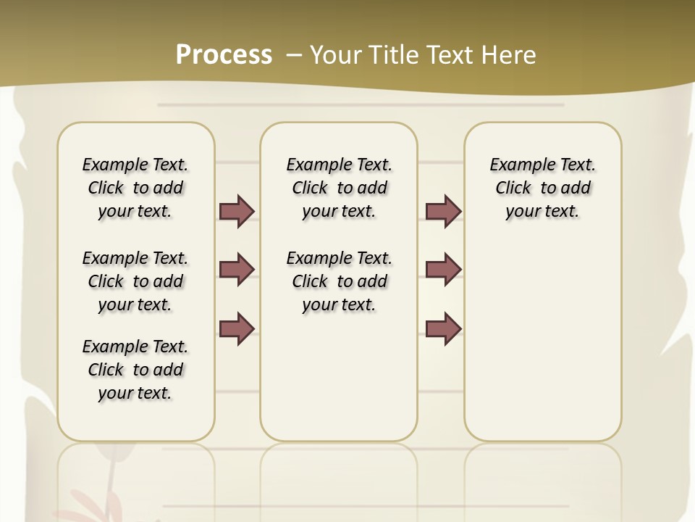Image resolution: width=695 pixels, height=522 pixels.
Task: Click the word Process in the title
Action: (x=224, y=55)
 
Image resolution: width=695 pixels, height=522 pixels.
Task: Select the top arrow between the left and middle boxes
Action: (x=237, y=211)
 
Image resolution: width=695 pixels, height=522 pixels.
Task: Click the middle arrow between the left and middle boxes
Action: (x=237, y=270)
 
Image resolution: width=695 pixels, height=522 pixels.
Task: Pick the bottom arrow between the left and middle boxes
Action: (x=237, y=328)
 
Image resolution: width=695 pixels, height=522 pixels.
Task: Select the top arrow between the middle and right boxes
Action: (x=444, y=211)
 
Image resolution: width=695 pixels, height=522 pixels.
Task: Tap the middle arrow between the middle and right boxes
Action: (x=444, y=270)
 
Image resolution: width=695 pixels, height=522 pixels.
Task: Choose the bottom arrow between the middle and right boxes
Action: (x=444, y=328)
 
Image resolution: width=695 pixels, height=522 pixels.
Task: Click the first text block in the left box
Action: (x=135, y=188)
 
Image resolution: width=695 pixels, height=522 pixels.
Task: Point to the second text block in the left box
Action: (x=135, y=281)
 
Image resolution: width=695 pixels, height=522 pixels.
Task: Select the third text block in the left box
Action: (x=135, y=370)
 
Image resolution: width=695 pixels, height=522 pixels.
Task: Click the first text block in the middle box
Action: (x=339, y=188)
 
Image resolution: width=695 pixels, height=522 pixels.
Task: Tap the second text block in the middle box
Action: (x=339, y=281)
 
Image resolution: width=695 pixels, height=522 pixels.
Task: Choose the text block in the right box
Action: (x=542, y=188)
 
